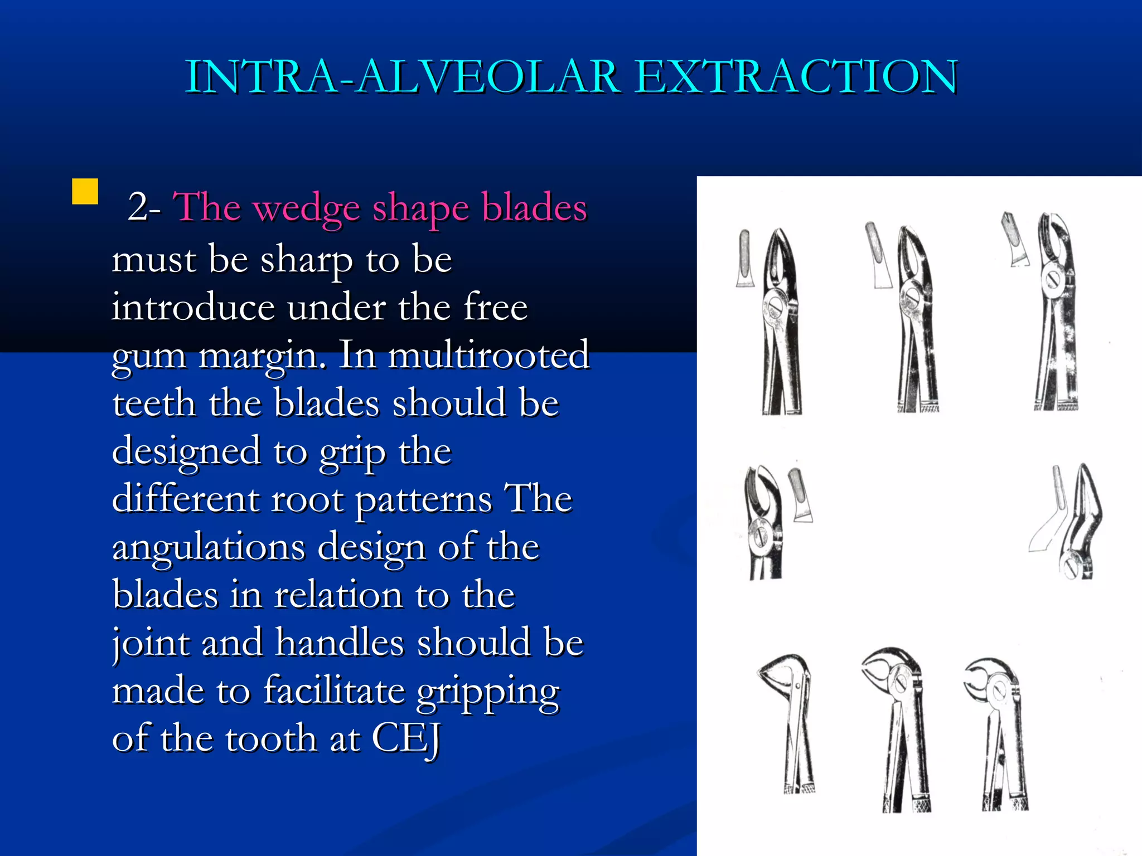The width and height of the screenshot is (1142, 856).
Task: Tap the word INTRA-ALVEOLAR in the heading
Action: coord(401,77)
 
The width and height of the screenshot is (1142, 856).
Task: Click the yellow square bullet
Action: coord(85,191)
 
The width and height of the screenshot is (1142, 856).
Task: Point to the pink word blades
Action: coord(534,207)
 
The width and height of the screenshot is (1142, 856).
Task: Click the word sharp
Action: coord(306,260)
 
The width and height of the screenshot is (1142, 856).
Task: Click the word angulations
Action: coord(209,548)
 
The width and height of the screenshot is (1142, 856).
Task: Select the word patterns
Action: coord(424,500)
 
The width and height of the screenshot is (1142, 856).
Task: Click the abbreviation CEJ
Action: coord(406,739)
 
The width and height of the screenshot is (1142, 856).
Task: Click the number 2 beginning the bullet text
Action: coord(137,207)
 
